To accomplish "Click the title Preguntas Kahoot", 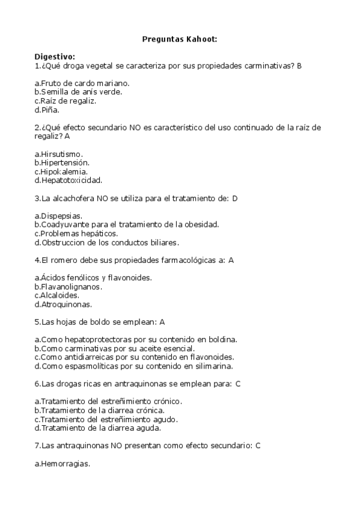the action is click(180, 39).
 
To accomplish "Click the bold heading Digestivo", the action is click(55, 57).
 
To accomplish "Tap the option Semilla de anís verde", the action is click(78, 91).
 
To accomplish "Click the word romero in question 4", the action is click(63, 260).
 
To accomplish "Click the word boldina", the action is click(223, 339).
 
